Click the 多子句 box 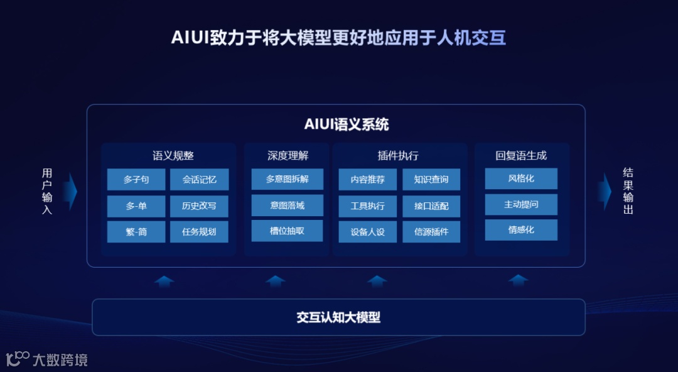point(136,180)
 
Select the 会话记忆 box point(199,180)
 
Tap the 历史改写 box point(199,206)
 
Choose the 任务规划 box point(199,232)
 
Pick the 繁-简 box point(136,232)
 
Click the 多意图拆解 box point(287,179)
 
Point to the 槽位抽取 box point(287,231)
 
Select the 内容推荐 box point(368,180)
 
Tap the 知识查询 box point(431,180)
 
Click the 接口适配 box point(431,206)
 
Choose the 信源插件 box point(431,232)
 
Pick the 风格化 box point(521,178)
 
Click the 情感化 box point(521,230)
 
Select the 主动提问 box point(521,204)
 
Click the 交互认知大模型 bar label point(338,317)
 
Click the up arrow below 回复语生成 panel point(519,281)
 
